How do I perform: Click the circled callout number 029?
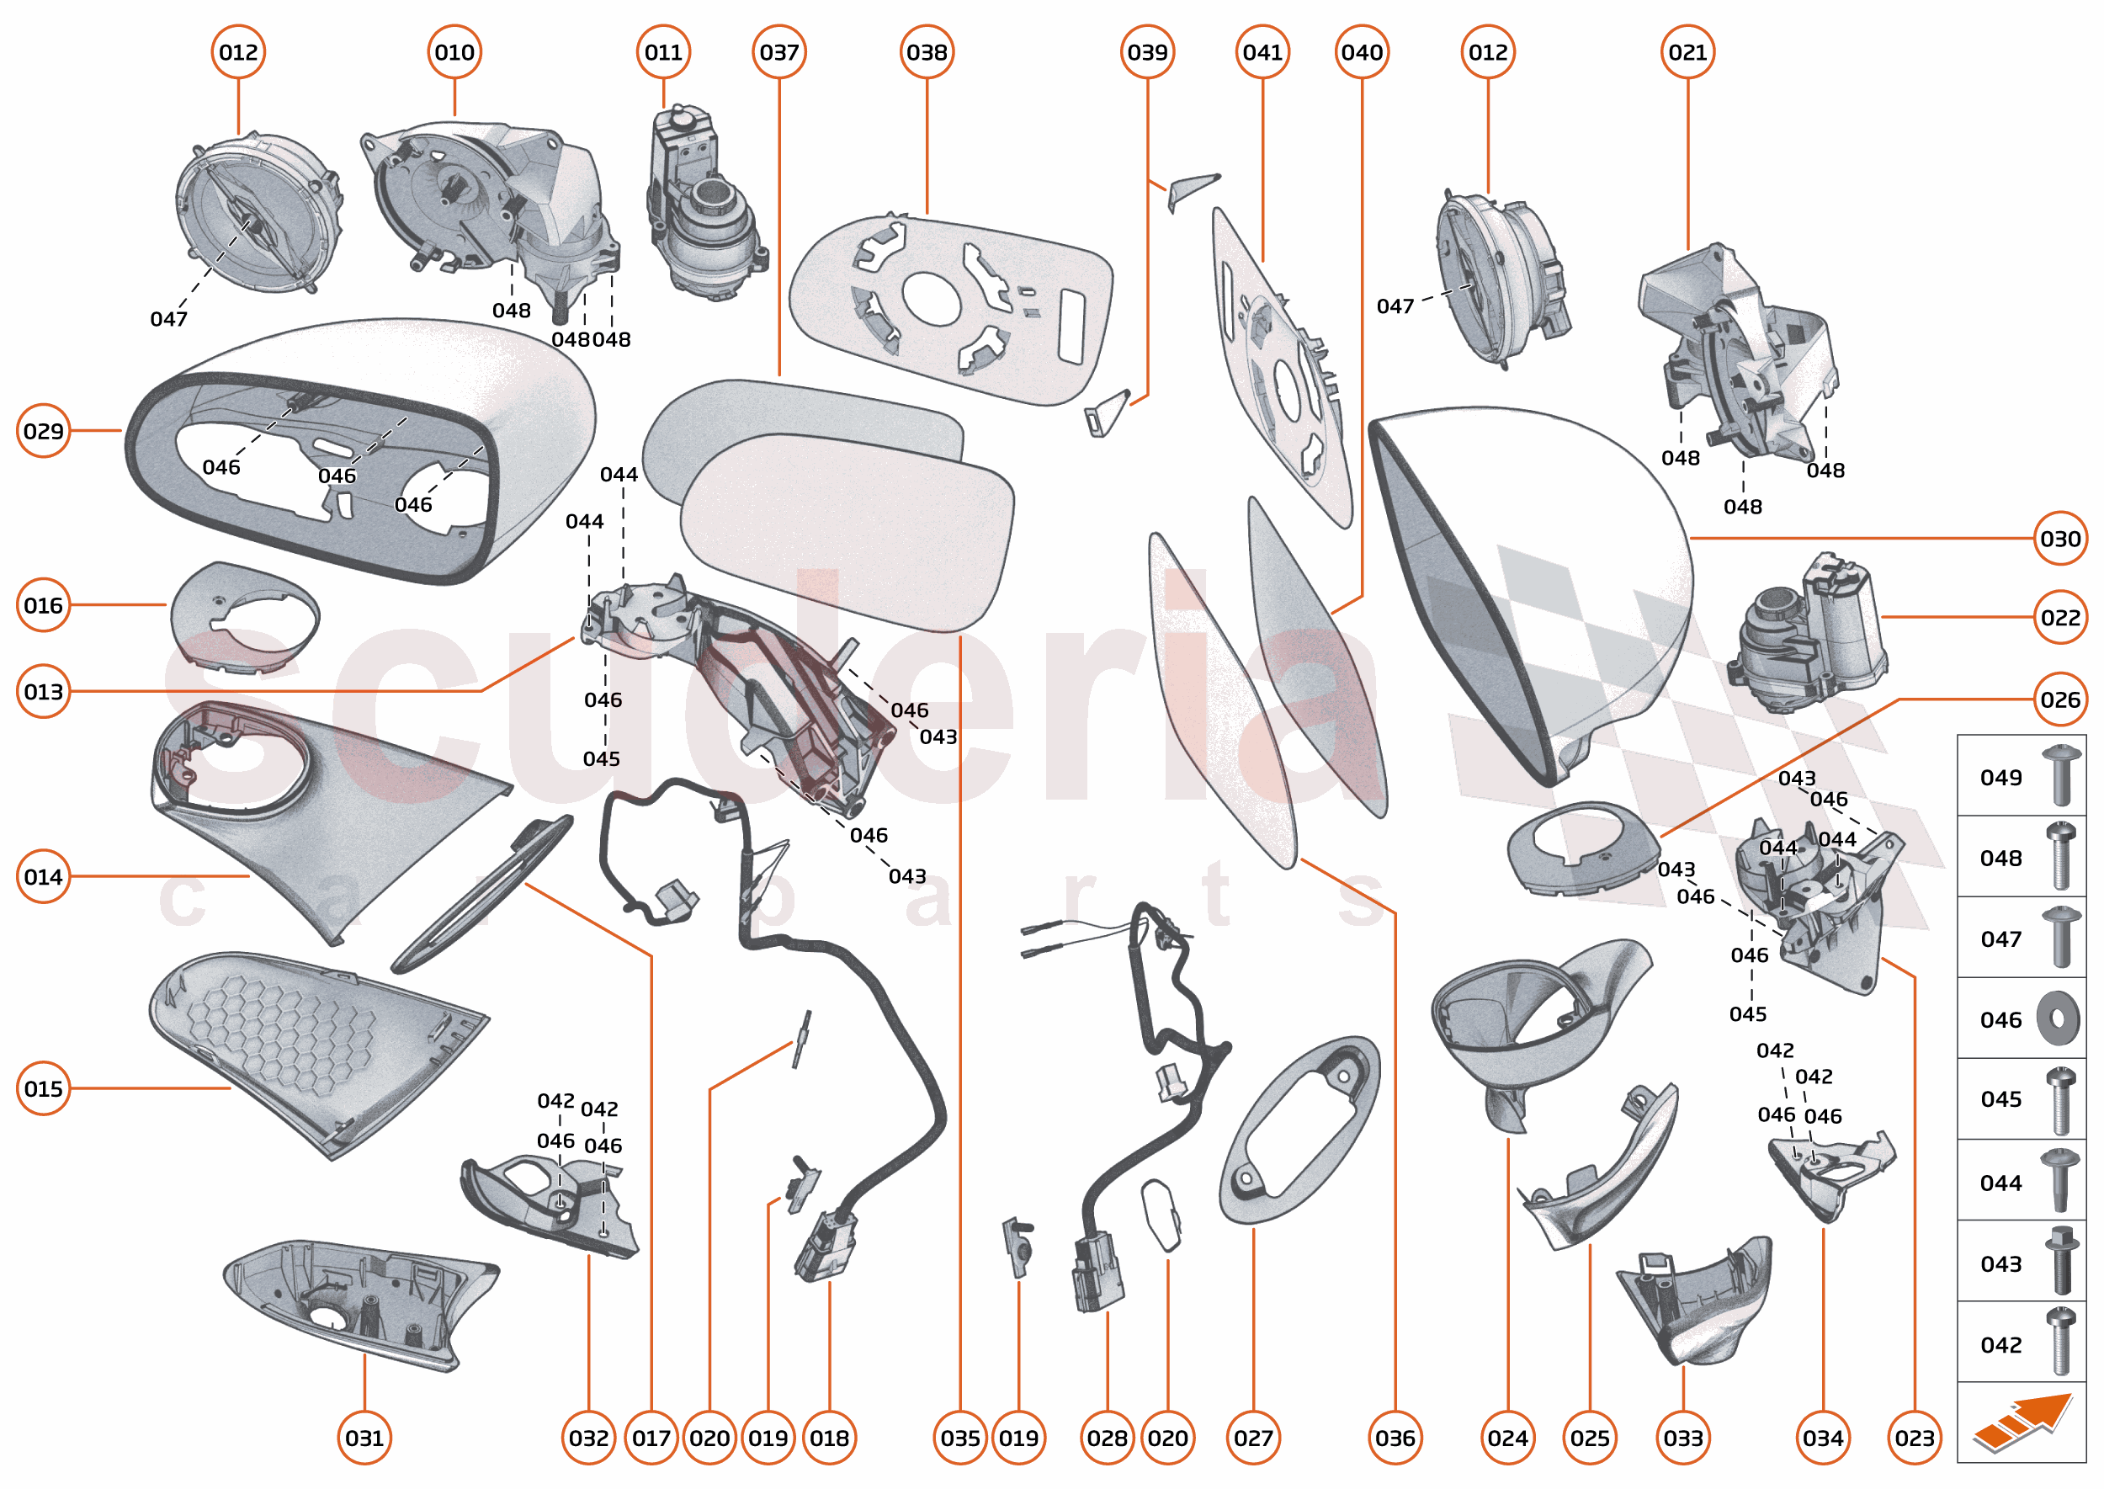point(43,431)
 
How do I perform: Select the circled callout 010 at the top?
point(454,52)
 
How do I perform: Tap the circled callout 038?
point(927,52)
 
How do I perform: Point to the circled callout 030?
point(2060,538)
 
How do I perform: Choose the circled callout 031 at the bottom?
point(364,1438)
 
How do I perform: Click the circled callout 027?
point(1253,1438)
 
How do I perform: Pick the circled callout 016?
point(43,605)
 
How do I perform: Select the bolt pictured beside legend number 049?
point(2061,776)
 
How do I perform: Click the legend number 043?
point(2000,1264)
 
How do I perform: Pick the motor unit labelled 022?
point(1806,637)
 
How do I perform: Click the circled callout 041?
point(1262,52)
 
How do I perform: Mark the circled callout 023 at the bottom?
point(1915,1438)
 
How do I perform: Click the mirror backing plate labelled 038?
point(954,307)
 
